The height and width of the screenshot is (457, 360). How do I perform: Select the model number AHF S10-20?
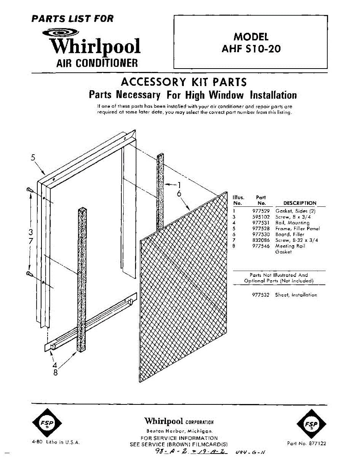(x=251, y=49)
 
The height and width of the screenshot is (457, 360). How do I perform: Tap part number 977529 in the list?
(x=261, y=211)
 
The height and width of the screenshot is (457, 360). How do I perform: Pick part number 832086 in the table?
(x=261, y=240)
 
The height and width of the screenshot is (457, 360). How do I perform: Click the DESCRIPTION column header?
(x=300, y=203)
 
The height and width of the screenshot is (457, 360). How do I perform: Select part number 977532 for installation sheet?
(x=261, y=295)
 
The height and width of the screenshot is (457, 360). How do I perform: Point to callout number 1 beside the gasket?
(x=179, y=185)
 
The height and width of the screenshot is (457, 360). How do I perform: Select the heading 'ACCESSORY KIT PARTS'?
(x=183, y=82)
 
